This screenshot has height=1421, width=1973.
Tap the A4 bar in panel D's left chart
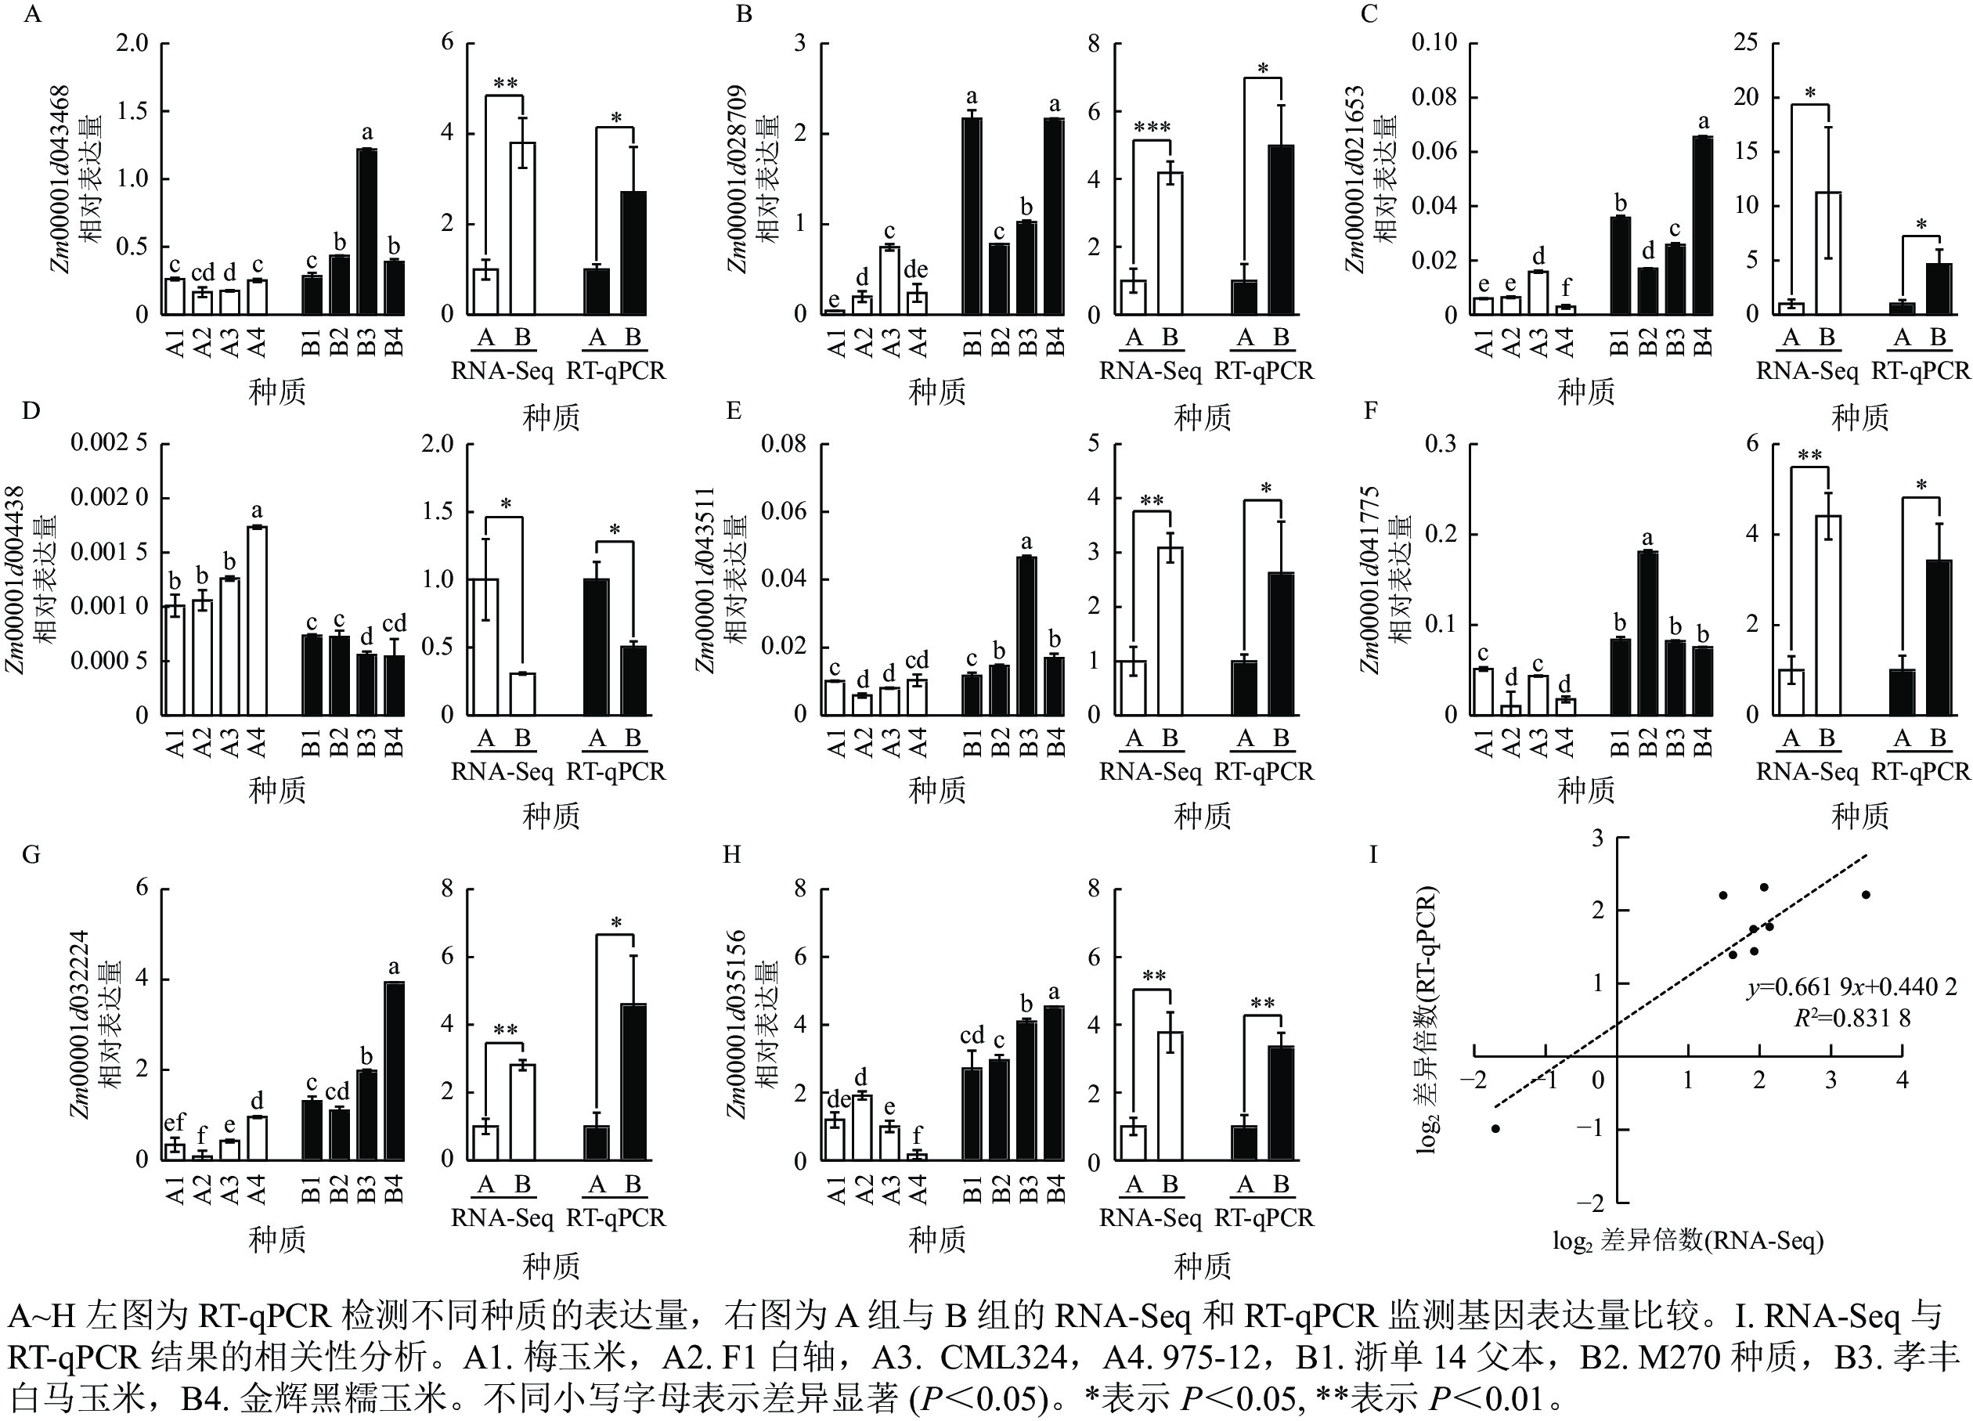coord(257,620)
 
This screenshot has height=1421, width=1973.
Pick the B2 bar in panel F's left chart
coord(1647,633)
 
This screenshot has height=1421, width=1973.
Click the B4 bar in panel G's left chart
coord(394,1070)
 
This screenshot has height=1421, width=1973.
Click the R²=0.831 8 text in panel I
coord(1852,1018)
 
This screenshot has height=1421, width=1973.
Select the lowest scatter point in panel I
coord(1495,1129)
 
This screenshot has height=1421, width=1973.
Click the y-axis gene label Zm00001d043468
coord(60,179)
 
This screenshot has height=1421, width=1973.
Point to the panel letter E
coord(734,411)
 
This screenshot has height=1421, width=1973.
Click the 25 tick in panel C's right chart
coord(1745,42)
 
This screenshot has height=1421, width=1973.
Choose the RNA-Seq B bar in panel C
coord(1827,253)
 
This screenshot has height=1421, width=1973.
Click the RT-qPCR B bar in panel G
coord(634,1081)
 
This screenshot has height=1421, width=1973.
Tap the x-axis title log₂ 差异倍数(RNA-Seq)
coord(1688,1240)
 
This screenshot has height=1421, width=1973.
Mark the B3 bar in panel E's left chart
coord(1026,635)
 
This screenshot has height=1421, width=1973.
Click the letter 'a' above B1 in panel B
coord(972,96)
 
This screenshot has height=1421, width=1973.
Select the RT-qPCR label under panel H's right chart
coord(1264,1218)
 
